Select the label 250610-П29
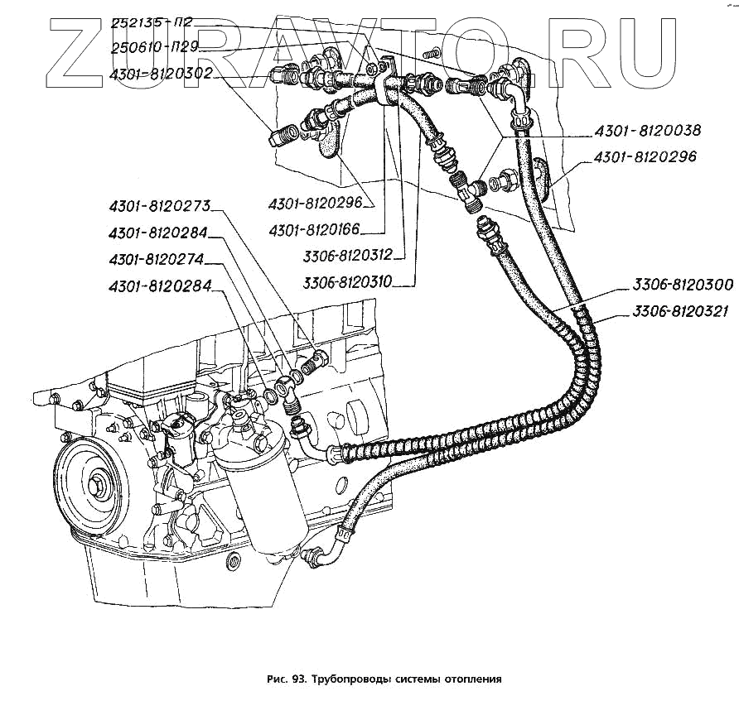(x=153, y=48)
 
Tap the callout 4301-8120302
(x=161, y=74)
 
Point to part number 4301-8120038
(x=646, y=131)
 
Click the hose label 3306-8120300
(x=682, y=285)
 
